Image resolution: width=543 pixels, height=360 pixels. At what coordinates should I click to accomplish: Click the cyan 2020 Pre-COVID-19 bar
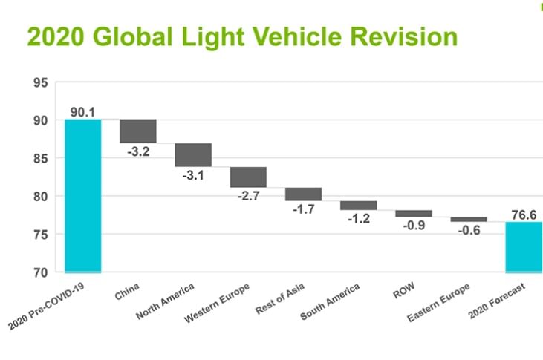(83, 195)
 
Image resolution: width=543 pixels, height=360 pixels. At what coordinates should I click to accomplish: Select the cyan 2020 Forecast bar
(524, 246)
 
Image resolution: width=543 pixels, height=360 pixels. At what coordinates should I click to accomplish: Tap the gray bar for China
(138, 131)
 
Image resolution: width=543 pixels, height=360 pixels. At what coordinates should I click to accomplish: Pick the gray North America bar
(193, 154)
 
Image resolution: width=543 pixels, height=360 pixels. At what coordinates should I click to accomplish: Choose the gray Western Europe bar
(248, 177)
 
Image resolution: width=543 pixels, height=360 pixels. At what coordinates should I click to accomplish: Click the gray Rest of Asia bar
(303, 194)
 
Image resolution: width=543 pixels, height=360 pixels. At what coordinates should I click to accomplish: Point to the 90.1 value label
(83, 111)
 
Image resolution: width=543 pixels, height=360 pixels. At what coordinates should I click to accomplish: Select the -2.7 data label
(248, 197)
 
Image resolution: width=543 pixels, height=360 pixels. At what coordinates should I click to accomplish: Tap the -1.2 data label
(358, 220)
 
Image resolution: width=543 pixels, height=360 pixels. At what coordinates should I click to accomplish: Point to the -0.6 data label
(468, 231)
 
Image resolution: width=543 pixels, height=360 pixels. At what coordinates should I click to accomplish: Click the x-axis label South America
(331, 301)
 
